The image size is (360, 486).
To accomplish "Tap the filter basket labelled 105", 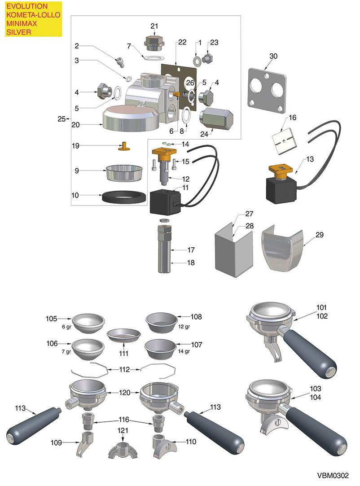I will click(x=89, y=322).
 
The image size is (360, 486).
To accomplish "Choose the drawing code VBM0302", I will click(x=335, y=475).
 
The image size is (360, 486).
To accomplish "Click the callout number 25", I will click(x=61, y=119).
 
